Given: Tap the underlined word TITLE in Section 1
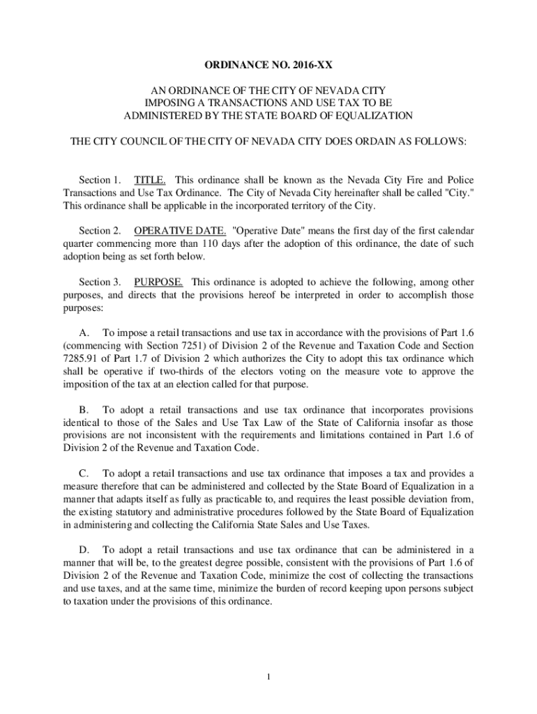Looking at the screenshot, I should tap(149, 179).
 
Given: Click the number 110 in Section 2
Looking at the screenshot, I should tap(213, 243).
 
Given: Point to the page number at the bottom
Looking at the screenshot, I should tap(268, 676).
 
